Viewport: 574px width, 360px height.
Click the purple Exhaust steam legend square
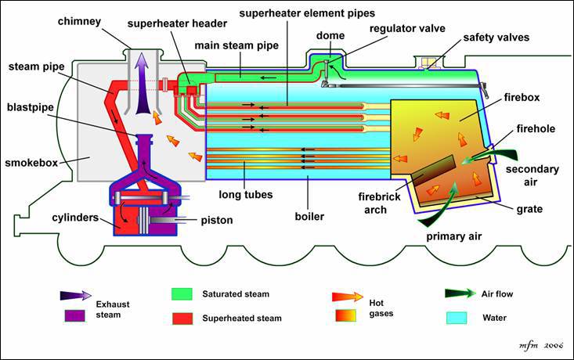pos(74,316)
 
